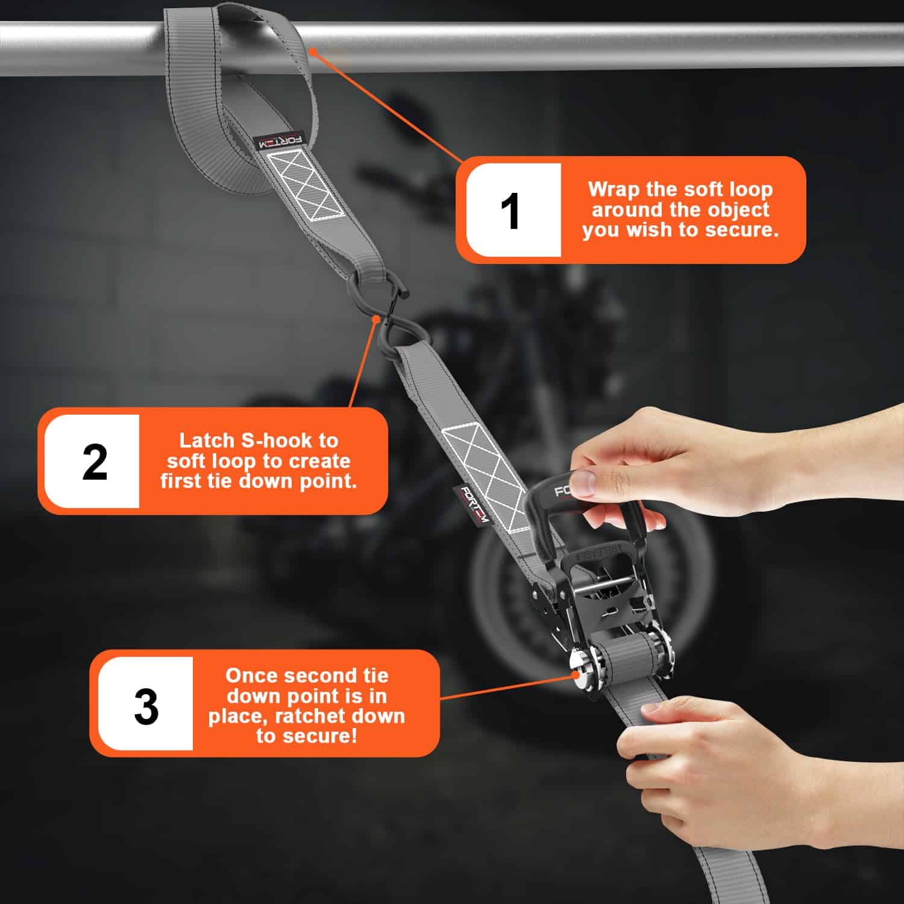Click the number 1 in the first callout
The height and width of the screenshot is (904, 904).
(511, 212)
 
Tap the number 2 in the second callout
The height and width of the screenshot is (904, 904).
(95, 462)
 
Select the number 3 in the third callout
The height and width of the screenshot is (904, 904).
(146, 706)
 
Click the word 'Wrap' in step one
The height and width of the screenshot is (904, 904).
(615, 190)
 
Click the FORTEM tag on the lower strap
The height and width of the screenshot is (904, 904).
(471, 503)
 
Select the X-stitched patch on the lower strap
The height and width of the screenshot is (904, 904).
(488, 476)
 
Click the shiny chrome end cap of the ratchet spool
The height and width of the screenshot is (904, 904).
(580, 672)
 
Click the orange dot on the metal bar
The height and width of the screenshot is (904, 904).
(312, 53)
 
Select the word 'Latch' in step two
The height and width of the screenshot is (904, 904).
(207, 441)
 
